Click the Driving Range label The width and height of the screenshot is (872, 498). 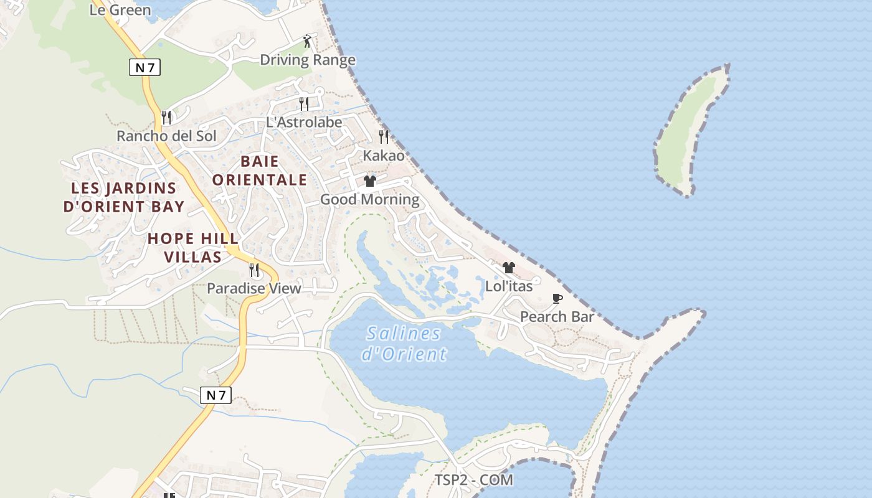click(x=307, y=60)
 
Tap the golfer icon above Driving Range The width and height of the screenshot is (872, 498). click(x=307, y=42)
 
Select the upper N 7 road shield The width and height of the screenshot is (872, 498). click(x=145, y=67)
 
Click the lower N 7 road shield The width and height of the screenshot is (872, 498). click(x=216, y=395)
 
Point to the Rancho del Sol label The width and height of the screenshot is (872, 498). click(x=166, y=136)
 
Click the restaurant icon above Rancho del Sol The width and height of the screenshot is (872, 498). click(x=166, y=117)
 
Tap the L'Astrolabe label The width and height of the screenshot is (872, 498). click(x=304, y=122)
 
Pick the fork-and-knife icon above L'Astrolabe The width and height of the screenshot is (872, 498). click(x=304, y=103)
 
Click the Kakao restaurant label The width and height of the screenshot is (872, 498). click(x=384, y=155)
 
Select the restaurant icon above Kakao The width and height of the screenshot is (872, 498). click(x=384, y=136)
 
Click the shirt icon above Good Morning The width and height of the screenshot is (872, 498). click(x=370, y=181)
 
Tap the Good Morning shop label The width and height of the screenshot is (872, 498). click(x=369, y=199)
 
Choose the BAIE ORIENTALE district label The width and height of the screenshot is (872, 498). click(x=260, y=171)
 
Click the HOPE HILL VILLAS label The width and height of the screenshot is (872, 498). click(x=193, y=247)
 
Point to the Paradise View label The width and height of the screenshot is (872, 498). click(x=254, y=288)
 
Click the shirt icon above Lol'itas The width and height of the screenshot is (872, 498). click(x=509, y=268)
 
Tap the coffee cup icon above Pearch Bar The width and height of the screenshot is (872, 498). click(x=557, y=299)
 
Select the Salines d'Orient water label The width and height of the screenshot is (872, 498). click(x=404, y=344)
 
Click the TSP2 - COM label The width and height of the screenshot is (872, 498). click(x=473, y=480)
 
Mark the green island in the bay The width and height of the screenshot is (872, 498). click(x=691, y=131)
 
